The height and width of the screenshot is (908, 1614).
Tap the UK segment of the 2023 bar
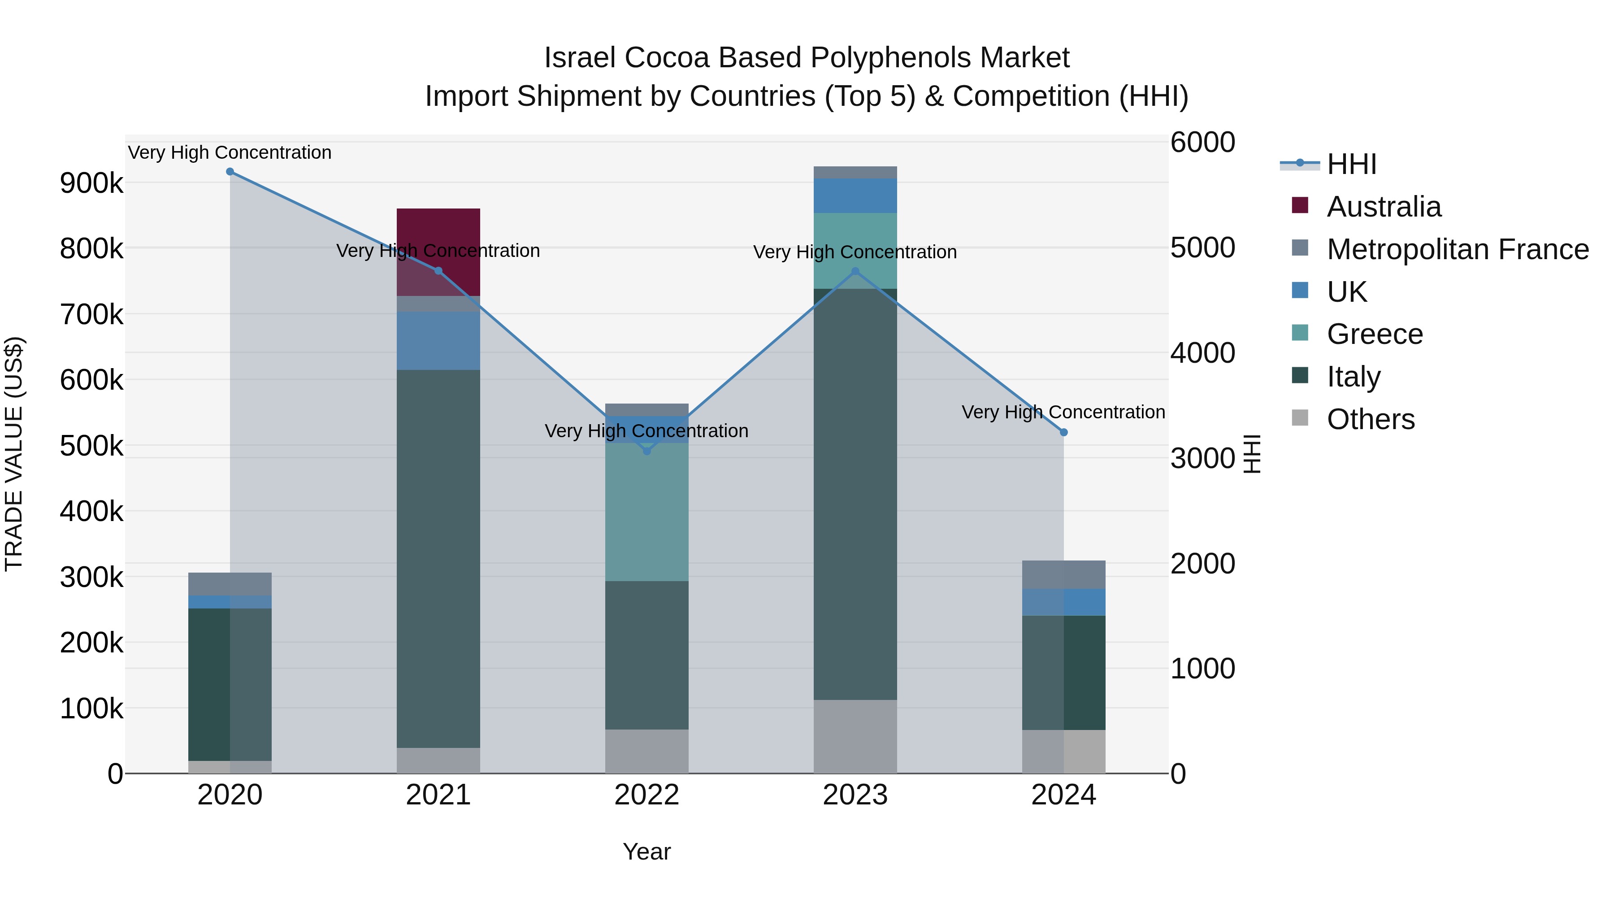[x=855, y=196]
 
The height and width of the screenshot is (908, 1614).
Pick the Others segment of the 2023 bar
[x=855, y=736]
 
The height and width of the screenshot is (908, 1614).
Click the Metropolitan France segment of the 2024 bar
[x=1063, y=575]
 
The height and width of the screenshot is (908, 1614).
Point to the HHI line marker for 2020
[x=230, y=172]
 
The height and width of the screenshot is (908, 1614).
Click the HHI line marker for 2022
[x=646, y=451]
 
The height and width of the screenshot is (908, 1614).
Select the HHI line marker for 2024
[x=1063, y=432]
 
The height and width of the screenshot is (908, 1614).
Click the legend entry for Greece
[x=1375, y=334]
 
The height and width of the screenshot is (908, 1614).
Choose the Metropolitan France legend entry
[x=1458, y=249]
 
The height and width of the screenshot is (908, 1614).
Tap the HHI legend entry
[x=1351, y=164]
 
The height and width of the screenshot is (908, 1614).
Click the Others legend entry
[x=1370, y=419]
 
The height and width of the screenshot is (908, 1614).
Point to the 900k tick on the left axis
[x=91, y=183]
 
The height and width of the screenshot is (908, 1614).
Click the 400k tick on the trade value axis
[x=91, y=511]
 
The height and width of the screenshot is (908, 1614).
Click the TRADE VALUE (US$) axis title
[x=14, y=454]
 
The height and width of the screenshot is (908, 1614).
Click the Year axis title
[x=646, y=852]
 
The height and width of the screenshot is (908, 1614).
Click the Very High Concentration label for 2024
[x=1063, y=413]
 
